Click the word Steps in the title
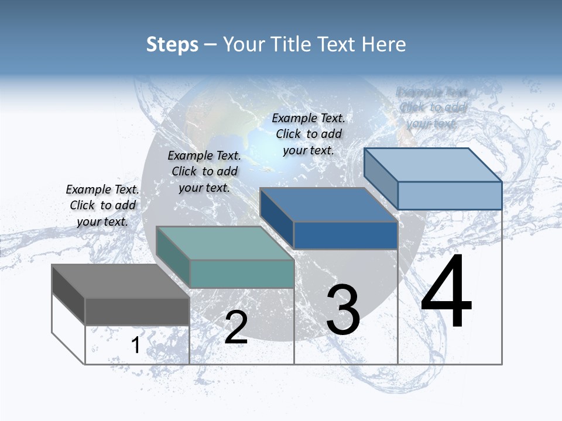(x=172, y=44)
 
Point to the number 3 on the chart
(x=343, y=310)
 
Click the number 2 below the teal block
(x=236, y=327)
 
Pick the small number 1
(x=135, y=346)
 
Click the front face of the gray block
(x=137, y=312)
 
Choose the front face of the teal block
(x=241, y=274)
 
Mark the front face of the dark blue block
(x=345, y=235)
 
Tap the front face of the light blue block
(x=450, y=195)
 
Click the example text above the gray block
(x=102, y=205)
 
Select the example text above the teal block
(x=204, y=171)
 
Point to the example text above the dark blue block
(x=309, y=134)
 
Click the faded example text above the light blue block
(x=432, y=108)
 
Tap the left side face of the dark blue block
(x=277, y=218)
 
